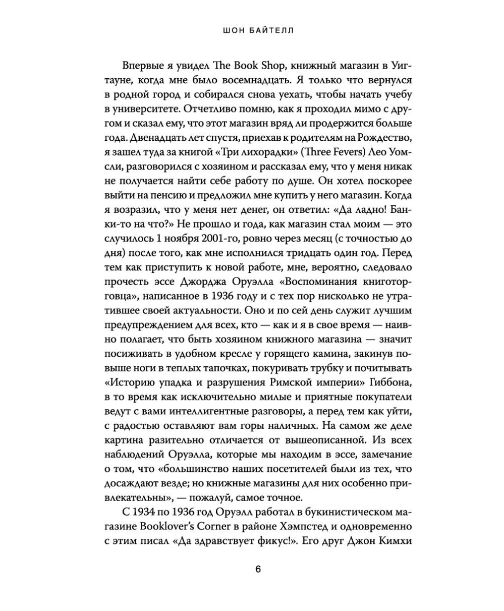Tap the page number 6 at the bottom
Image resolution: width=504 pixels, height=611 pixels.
click(258, 570)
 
